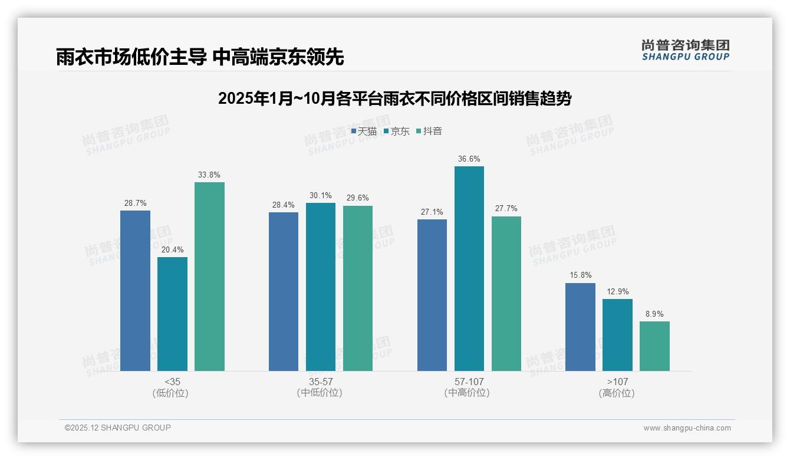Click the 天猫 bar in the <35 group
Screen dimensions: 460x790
coord(135,291)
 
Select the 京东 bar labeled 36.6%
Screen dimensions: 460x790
coord(469,268)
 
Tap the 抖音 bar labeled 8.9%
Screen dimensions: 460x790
coord(654,346)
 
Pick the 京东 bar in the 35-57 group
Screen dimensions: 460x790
coord(320,287)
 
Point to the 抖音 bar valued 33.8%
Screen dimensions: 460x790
coord(209,277)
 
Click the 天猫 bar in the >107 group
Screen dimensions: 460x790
coord(580,327)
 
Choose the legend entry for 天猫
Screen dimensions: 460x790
coord(364,131)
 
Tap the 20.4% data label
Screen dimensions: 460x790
coord(172,249)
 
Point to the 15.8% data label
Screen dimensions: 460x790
coord(580,275)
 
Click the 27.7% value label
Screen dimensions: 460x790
coord(506,209)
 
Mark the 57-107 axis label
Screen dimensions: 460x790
coord(469,382)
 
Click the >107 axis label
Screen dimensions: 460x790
coord(617,382)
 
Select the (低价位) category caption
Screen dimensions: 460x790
coord(170,393)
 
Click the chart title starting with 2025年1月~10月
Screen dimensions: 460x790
coord(394,98)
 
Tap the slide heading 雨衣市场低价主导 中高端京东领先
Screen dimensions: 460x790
coord(200,57)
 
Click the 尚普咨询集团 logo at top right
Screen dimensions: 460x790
coord(685,50)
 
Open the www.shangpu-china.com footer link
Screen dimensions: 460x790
coord(687,428)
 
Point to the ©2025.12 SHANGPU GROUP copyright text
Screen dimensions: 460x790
coord(118,428)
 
